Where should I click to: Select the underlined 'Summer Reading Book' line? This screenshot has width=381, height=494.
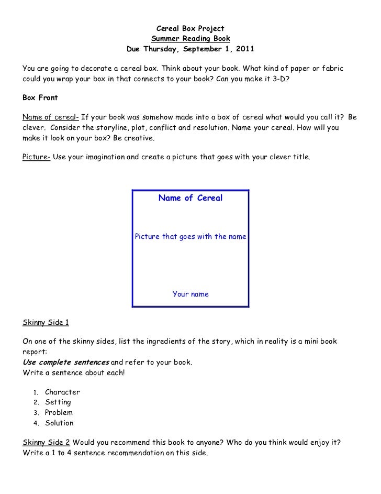[190, 39]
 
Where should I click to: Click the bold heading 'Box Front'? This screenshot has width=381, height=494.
[40, 97]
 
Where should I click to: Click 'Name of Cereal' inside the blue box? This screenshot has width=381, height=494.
[190, 198]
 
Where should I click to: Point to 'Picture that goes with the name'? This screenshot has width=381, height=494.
[190, 237]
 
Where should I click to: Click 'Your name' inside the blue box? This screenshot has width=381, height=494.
[190, 294]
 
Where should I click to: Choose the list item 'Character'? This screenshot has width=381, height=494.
[62, 392]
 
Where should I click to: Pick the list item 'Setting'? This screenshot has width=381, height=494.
[58, 402]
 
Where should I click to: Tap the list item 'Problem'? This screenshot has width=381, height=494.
[59, 413]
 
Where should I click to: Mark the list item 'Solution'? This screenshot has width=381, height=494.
[59, 423]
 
